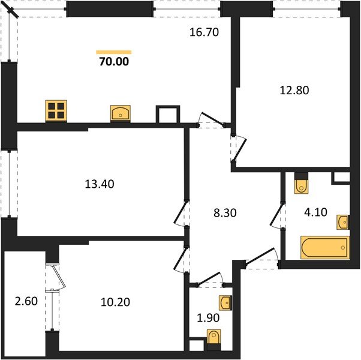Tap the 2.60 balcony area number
click(24, 301)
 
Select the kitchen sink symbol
click(120, 113)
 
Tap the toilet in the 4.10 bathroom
click(301, 184)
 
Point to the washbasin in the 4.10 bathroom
click(342, 222)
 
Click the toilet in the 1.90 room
click(213, 339)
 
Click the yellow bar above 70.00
click(114, 52)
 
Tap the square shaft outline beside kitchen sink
click(167, 115)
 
